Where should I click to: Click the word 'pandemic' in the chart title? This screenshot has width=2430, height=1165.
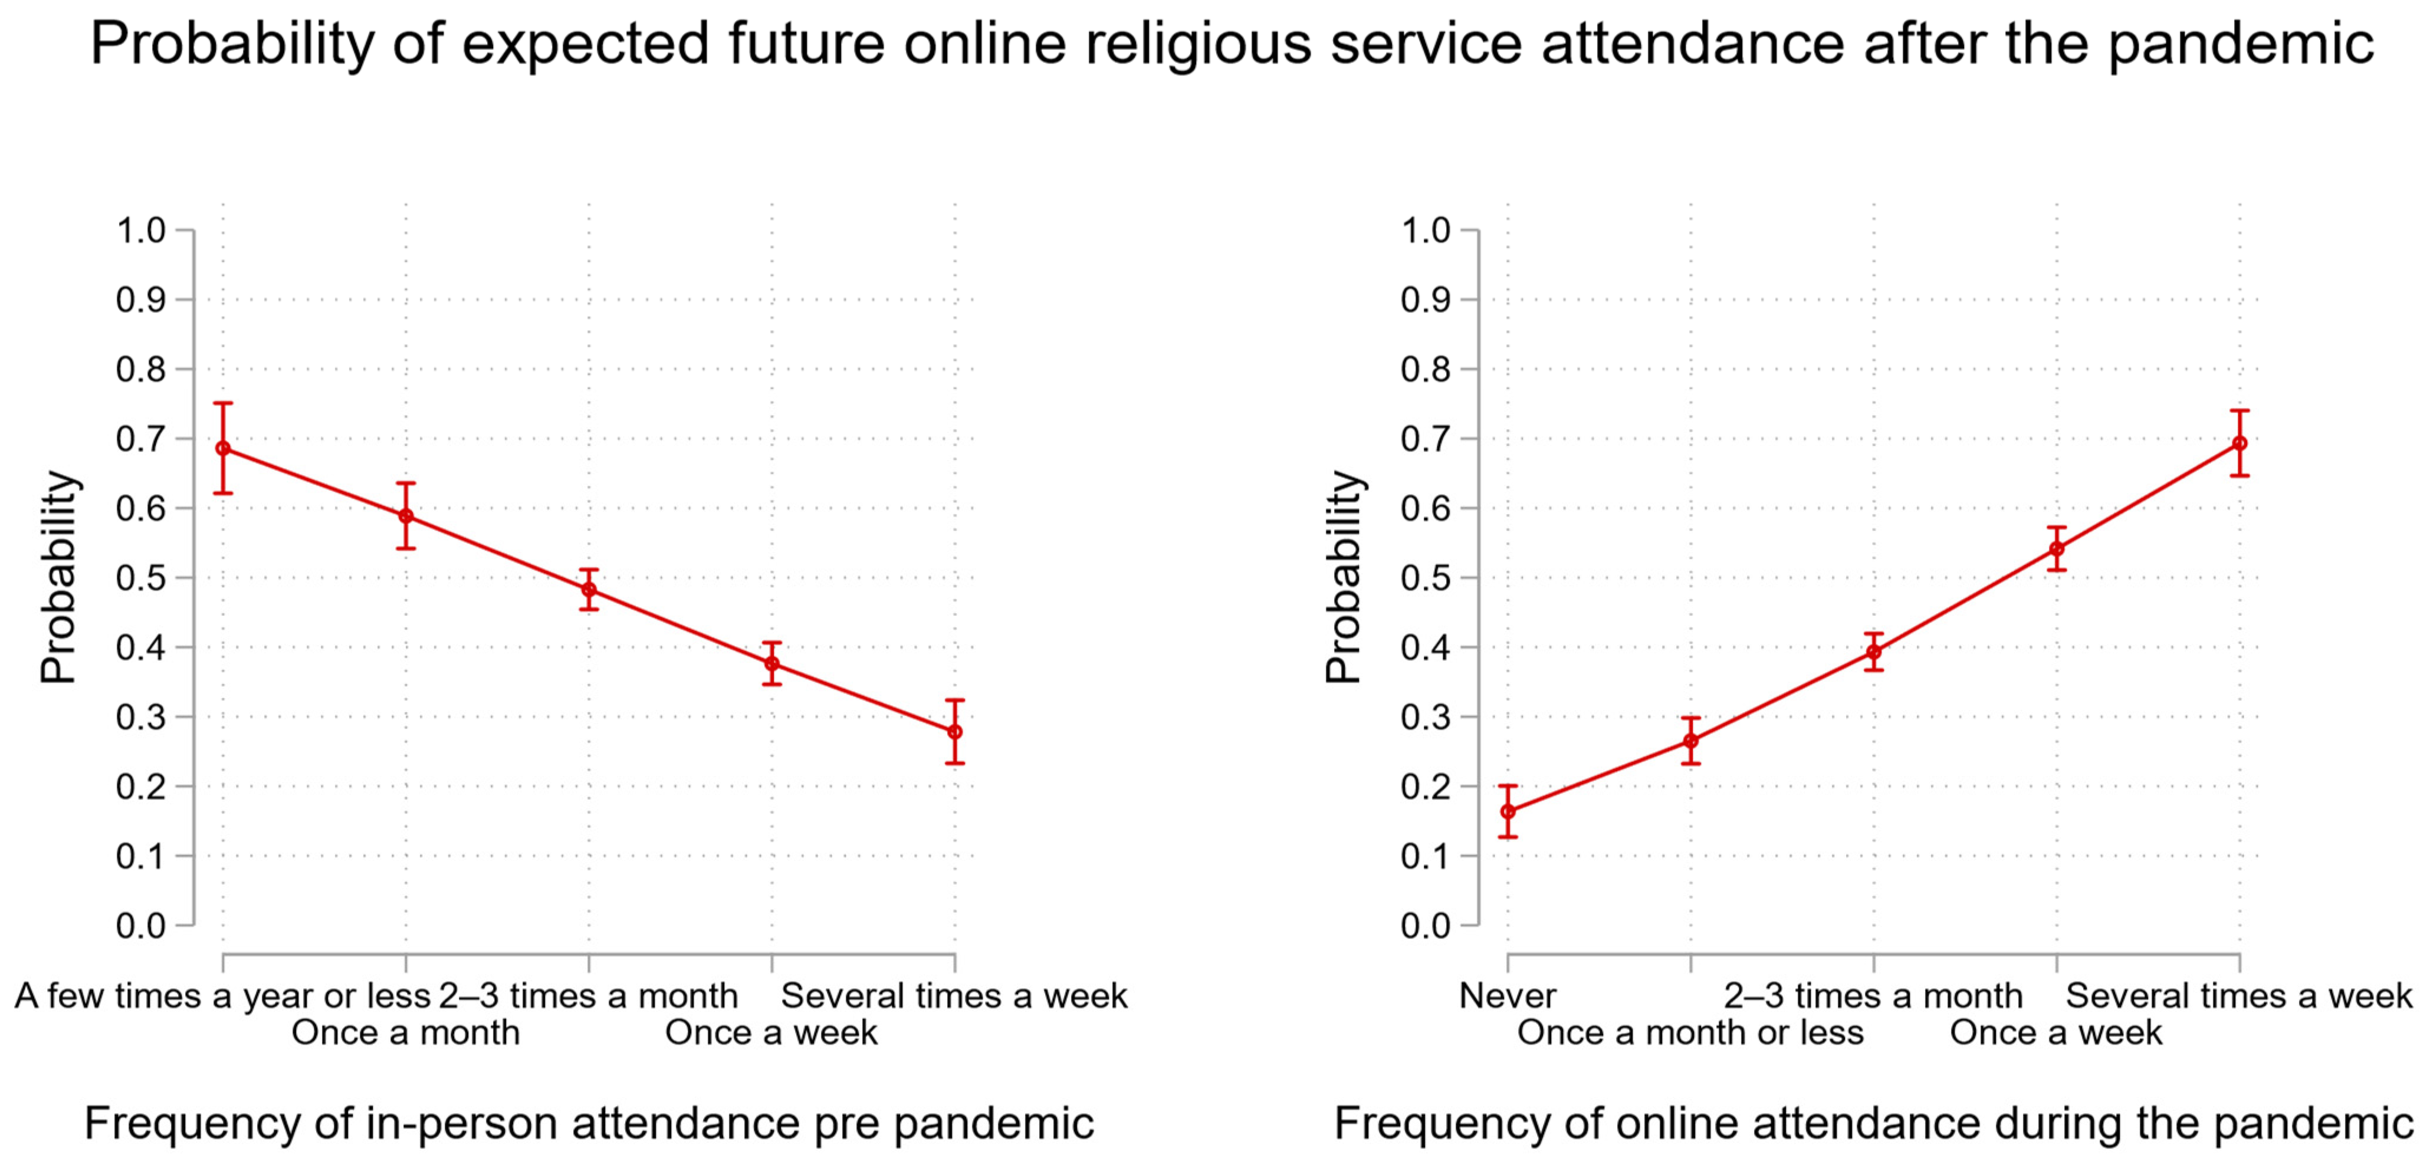[x=2241, y=44]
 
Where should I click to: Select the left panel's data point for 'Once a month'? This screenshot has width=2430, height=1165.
[x=406, y=516]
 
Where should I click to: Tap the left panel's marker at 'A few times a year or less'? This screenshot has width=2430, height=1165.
[x=222, y=448]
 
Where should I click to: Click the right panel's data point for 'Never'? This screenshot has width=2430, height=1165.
[x=1508, y=811]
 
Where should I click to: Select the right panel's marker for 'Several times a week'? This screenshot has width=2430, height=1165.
[x=2239, y=443]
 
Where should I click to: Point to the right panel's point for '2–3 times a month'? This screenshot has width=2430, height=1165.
[x=1873, y=652]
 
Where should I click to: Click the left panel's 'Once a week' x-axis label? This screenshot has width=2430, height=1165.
[x=771, y=1032]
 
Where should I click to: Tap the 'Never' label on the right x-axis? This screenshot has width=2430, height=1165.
[x=1508, y=995]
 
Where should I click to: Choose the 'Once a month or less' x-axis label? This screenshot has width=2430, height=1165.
[x=1690, y=1032]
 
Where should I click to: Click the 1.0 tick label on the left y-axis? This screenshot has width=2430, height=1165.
[x=140, y=230]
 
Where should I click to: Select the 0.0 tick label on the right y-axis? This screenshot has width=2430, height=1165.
[x=1426, y=926]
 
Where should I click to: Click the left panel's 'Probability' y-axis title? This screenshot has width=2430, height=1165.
[x=58, y=577]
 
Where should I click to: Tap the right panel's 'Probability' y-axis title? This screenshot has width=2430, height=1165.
[x=1344, y=577]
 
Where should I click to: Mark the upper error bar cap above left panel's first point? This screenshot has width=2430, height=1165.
[x=222, y=404]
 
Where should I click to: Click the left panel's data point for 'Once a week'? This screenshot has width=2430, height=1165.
[x=771, y=663]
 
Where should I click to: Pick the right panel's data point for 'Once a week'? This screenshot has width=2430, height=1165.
[x=2057, y=549]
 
